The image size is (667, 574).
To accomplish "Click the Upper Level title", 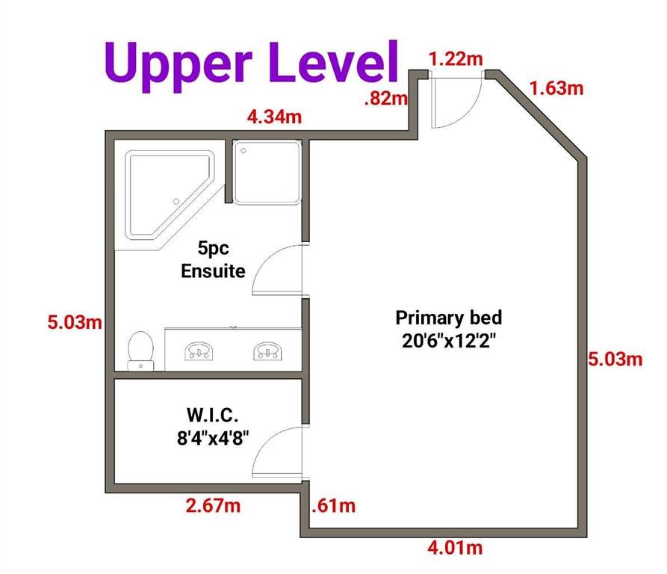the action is point(252,65).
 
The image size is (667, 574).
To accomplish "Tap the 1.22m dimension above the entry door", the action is point(456,59).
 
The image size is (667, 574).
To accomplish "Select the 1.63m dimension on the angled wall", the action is point(556,88).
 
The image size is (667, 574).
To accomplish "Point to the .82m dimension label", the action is point(386,99).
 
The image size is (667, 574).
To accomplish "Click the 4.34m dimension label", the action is point(274,116).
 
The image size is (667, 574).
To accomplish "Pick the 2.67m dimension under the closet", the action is point(213,505).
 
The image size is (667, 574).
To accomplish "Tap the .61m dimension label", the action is point(333,505).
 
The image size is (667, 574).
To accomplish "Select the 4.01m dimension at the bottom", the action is point(455,547).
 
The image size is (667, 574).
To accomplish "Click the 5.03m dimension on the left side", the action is point(75,322).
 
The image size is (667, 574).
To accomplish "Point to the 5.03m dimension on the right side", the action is point(615,359).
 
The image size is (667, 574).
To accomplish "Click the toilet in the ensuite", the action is point(141,351).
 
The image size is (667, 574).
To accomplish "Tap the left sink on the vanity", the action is point(199,351).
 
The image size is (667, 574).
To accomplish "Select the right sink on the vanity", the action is point(267,351).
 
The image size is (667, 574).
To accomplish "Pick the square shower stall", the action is point(267,173).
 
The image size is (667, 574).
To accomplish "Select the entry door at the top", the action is point(456,99).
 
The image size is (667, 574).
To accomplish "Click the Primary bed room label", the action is point(449,330).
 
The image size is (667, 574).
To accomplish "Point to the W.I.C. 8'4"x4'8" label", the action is point(213,426).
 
